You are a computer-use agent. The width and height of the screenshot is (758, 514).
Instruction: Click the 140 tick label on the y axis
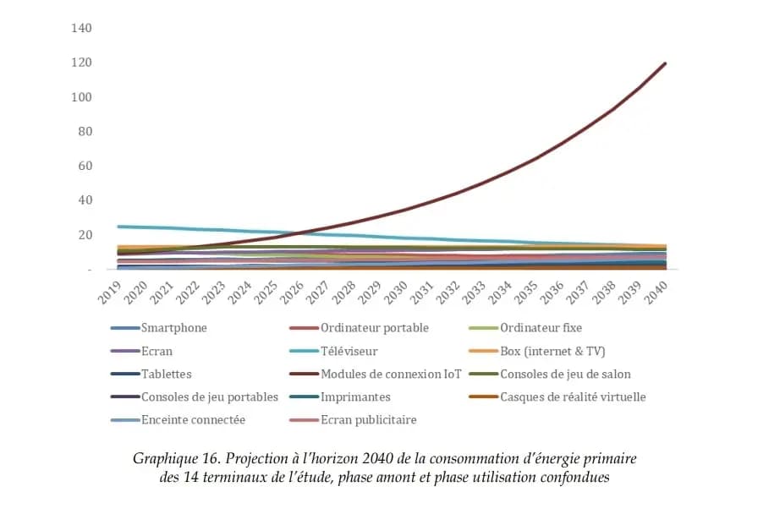(x=82, y=28)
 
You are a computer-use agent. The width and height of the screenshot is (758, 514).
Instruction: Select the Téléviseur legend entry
(x=349, y=351)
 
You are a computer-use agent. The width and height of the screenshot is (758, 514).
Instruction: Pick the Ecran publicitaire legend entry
(x=368, y=419)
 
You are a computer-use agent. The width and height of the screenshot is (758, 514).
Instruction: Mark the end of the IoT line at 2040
(x=666, y=63)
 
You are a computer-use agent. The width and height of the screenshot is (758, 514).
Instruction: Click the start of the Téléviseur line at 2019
(x=119, y=227)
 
